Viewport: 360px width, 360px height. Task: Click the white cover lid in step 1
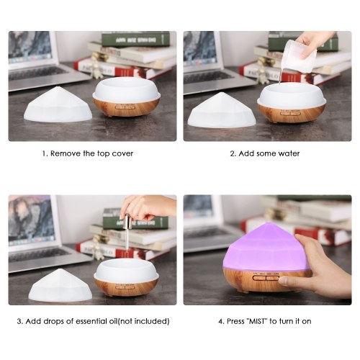(x=58, y=105)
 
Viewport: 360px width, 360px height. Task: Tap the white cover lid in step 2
(x=222, y=111)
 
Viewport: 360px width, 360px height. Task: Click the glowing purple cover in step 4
(x=265, y=250)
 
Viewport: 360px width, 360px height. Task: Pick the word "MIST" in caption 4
(x=257, y=321)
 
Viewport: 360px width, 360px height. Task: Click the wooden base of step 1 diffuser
(x=126, y=107)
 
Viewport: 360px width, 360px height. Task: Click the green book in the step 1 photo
(x=135, y=40)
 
